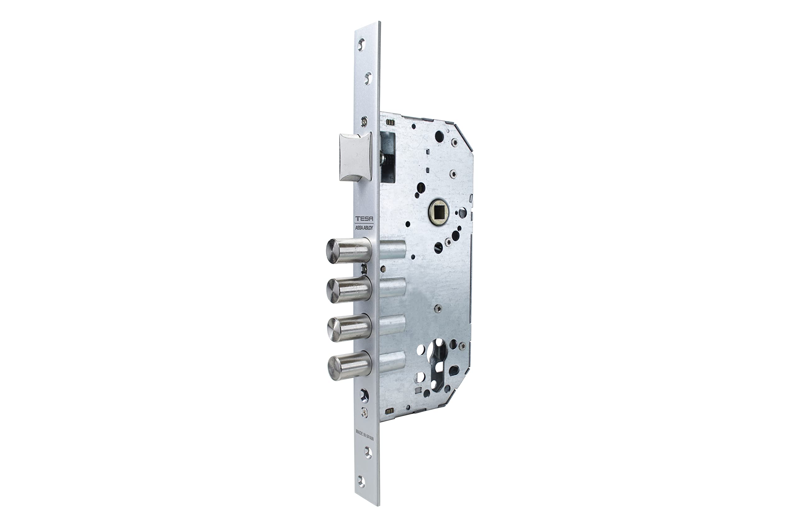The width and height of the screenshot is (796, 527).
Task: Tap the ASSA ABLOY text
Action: pos(364,227)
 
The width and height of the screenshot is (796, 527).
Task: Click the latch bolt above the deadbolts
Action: pos(355,157)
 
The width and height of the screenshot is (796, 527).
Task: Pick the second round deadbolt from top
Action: pos(348,291)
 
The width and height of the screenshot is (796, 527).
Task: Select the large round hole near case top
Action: pos(438,136)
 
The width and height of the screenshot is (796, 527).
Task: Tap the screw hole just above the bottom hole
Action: pos(368,452)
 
